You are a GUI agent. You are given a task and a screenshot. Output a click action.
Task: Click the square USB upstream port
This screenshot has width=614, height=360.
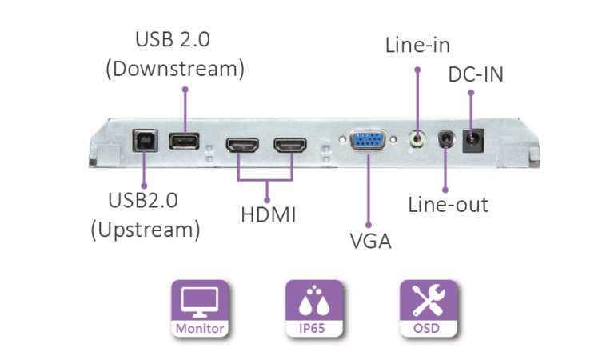pos(146,140)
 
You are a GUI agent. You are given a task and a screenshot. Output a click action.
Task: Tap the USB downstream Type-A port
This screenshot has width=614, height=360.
pos(184,141)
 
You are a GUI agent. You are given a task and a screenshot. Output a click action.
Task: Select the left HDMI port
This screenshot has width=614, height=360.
pos(242,146)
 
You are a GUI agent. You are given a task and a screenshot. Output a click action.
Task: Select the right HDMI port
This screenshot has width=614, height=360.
pos(290,146)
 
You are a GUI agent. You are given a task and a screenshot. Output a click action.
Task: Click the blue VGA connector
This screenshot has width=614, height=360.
pos(368,140)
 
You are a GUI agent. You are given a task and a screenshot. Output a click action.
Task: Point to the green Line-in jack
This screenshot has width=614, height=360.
pos(417,138)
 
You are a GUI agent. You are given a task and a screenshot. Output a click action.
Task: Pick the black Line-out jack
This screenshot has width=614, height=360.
pos(446,139)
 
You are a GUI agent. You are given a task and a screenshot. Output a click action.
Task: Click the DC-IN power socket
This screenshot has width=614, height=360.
pos(473,141)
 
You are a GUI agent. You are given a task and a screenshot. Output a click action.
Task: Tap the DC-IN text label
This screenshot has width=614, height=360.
pos(476,74)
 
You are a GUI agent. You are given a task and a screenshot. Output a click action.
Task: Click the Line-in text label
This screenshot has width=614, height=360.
pos(417,45)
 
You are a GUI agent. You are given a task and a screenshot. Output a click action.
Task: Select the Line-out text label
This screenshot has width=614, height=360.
pos(449,205)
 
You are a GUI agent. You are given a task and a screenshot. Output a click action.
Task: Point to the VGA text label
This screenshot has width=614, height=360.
pos(370,241)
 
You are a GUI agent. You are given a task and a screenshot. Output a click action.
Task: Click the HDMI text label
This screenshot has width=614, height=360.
pos(269,214)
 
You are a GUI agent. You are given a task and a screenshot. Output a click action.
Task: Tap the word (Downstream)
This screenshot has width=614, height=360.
pos(175,69)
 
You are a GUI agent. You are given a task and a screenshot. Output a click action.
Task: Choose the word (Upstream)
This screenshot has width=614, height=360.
pos(146,230)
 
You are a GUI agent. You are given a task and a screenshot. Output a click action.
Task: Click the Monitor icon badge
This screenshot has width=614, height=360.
pos(200,308)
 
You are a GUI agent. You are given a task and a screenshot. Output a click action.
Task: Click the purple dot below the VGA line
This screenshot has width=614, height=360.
pos(369,225)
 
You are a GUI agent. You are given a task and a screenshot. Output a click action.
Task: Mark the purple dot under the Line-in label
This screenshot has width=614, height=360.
pos(417,70)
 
